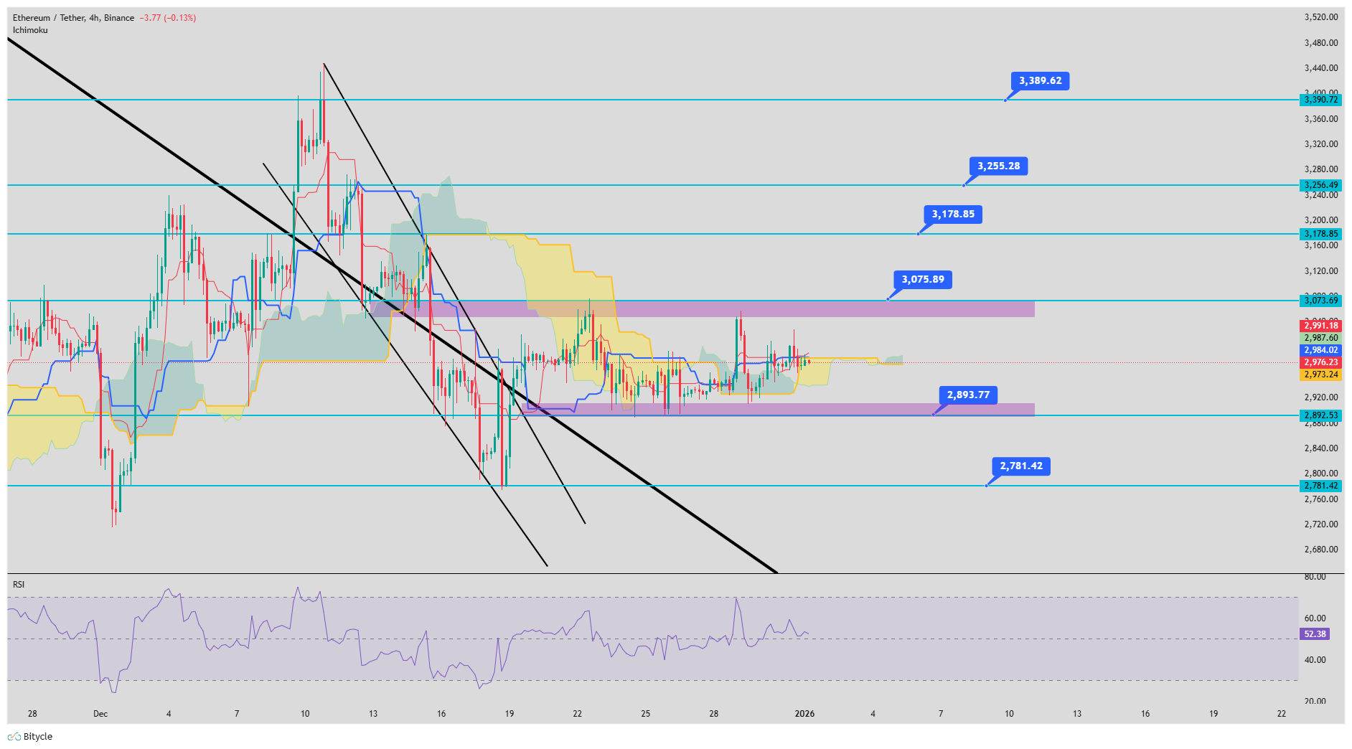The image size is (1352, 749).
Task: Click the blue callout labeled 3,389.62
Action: [1040, 81]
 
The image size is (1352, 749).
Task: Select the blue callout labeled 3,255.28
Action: [998, 166]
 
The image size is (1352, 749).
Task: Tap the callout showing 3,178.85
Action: [953, 215]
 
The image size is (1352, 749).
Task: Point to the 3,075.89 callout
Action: [923, 280]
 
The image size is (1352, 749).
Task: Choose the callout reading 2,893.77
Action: [968, 395]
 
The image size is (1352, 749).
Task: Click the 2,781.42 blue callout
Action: [1021, 466]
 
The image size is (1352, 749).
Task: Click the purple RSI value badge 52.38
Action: [1315, 634]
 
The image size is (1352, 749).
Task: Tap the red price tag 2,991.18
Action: [1320, 326]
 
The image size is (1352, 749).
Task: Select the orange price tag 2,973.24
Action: [1320, 374]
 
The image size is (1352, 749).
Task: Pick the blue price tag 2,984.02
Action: [1320, 350]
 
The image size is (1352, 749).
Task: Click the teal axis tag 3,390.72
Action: [1320, 100]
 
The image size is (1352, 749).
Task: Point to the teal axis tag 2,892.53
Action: [1320, 415]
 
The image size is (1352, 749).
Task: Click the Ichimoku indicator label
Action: [30, 30]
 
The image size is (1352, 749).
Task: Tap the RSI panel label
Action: [19, 585]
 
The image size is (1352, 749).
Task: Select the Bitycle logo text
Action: [37, 737]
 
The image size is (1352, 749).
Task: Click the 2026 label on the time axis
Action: [804, 714]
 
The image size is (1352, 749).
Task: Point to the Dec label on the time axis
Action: [100, 714]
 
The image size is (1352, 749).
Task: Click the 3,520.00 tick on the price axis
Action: [1320, 17]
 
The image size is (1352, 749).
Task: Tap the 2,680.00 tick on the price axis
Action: [1320, 550]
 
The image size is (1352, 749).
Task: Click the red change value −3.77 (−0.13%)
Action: [169, 18]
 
